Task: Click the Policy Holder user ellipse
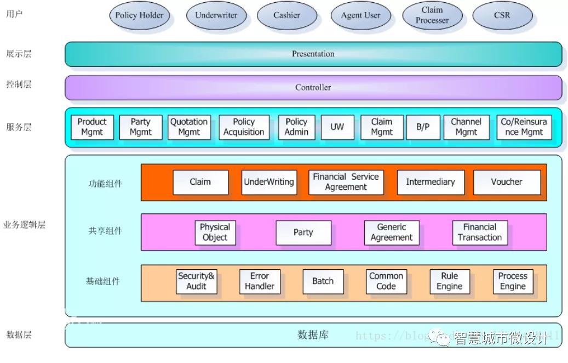139,15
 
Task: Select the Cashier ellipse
286,15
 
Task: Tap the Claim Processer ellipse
432,15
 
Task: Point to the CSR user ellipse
502,15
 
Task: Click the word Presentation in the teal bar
313,54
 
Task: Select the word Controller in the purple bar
313,87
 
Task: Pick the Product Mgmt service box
92,127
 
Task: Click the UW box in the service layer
337,127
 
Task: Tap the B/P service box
423,127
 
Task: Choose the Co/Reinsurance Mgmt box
524,127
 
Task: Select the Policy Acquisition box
244,127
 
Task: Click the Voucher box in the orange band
506,182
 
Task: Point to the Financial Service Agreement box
346,182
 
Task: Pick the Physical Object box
215,232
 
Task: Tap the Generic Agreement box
391,232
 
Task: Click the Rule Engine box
449,281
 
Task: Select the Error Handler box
260,281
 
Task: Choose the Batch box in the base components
323,281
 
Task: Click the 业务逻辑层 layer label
24,226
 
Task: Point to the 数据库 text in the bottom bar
313,334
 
